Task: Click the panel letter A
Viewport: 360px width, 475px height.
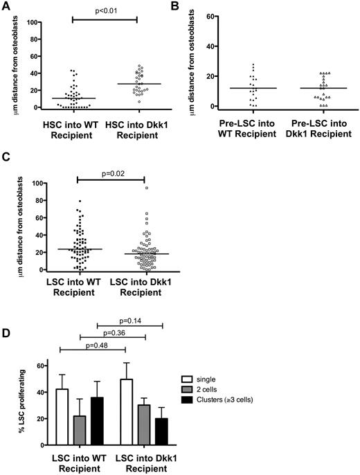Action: [x=7, y=6]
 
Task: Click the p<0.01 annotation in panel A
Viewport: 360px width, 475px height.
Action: [x=104, y=9]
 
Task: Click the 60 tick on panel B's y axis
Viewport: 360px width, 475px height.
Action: [x=215, y=15]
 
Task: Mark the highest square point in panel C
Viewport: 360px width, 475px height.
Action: [x=146, y=188]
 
